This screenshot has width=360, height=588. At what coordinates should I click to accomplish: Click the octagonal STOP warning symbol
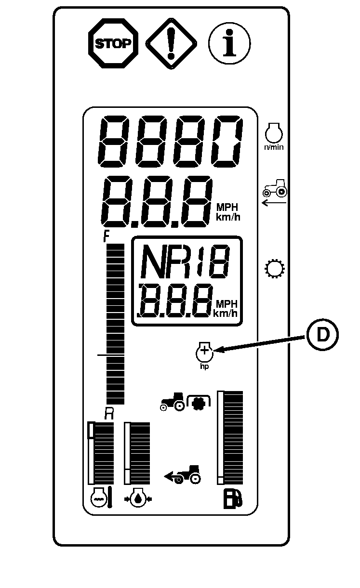112,44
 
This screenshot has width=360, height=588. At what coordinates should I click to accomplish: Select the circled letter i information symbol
229,44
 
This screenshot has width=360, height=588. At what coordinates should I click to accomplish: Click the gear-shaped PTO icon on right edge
275,269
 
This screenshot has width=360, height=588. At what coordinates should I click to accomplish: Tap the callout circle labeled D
322,336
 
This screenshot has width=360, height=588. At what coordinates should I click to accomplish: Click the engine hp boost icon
204,353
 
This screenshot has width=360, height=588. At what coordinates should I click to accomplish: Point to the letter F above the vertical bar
107,237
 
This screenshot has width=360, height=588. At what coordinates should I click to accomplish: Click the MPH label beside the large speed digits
227,207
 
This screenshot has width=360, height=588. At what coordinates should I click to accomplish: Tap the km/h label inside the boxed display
226,314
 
